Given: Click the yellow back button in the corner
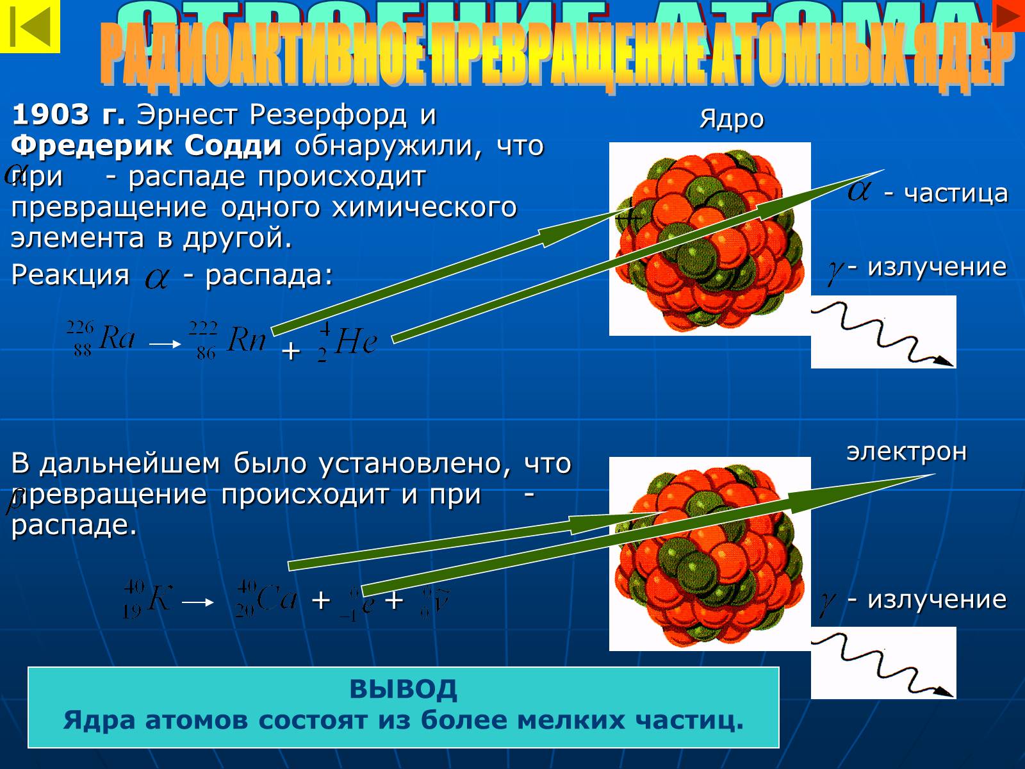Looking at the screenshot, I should pos(29,26).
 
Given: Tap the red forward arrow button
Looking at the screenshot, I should pos(1008,15).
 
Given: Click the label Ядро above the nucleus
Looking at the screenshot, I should pos(732,119).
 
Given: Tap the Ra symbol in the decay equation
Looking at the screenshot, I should pos(117,337).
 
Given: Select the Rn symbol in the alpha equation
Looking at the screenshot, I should pos(247,340).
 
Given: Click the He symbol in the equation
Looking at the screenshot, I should pos(356,342).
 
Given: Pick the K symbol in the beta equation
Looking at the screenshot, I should pos(159,600).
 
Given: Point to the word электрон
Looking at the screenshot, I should pos(906,452).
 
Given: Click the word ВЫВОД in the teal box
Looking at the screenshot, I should pos(403,690).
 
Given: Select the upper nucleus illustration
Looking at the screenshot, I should pos(710,239).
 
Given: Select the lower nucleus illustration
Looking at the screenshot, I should pos(710,554).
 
